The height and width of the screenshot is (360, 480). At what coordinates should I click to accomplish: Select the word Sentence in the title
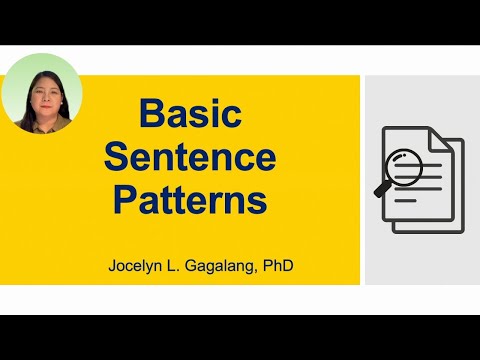click(x=190, y=156)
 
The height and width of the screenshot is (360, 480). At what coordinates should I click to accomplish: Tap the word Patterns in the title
click(x=190, y=200)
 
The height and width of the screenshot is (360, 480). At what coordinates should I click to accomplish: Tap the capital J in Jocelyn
click(x=114, y=267)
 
